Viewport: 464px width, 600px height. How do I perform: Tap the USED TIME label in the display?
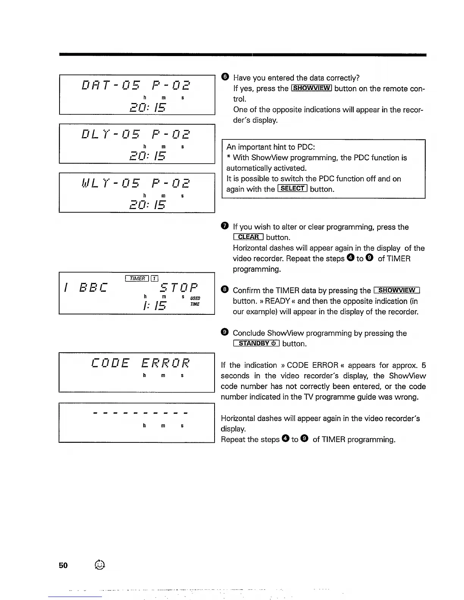[195, 301]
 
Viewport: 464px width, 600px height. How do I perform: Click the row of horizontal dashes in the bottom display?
[140, 413]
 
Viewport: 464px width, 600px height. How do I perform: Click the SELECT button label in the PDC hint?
[292, 189]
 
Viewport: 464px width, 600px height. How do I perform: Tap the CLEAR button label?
[248, 237]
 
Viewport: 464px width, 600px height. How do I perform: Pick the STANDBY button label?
[256, 343]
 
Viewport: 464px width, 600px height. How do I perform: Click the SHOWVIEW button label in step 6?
[312, 88]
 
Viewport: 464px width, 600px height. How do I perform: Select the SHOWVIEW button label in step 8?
[397, 290]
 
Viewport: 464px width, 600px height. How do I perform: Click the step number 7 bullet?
[224, 227]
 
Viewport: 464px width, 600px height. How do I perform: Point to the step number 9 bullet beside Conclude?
[224, 333]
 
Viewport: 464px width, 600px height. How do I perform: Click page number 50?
[63, 565]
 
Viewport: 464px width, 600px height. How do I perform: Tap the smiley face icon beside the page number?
[99, 565]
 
